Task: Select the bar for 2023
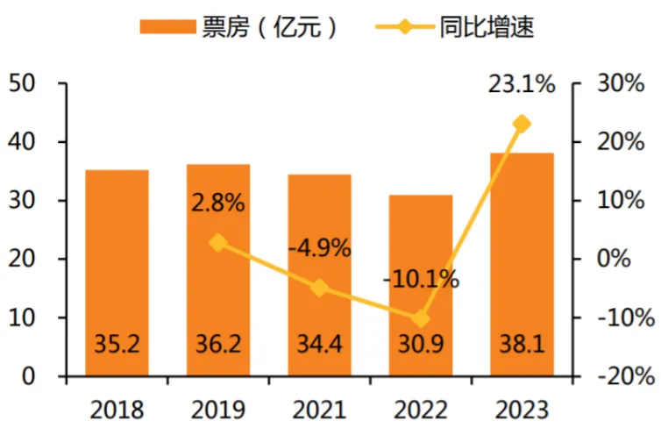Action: click(x=522, y=263)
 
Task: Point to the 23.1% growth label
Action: click(x=521, y=85)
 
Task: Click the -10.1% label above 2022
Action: click(x=421, y=280)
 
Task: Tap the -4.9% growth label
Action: click(x=319, y=248)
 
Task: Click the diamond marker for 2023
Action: click(x=522, y=124)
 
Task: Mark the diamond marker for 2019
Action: click(x=218, y=243)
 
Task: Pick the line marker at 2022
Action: click(x=421, y=318)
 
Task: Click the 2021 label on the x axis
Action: click(x=319, y=410)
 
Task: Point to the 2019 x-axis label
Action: click(x=218, y=410)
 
